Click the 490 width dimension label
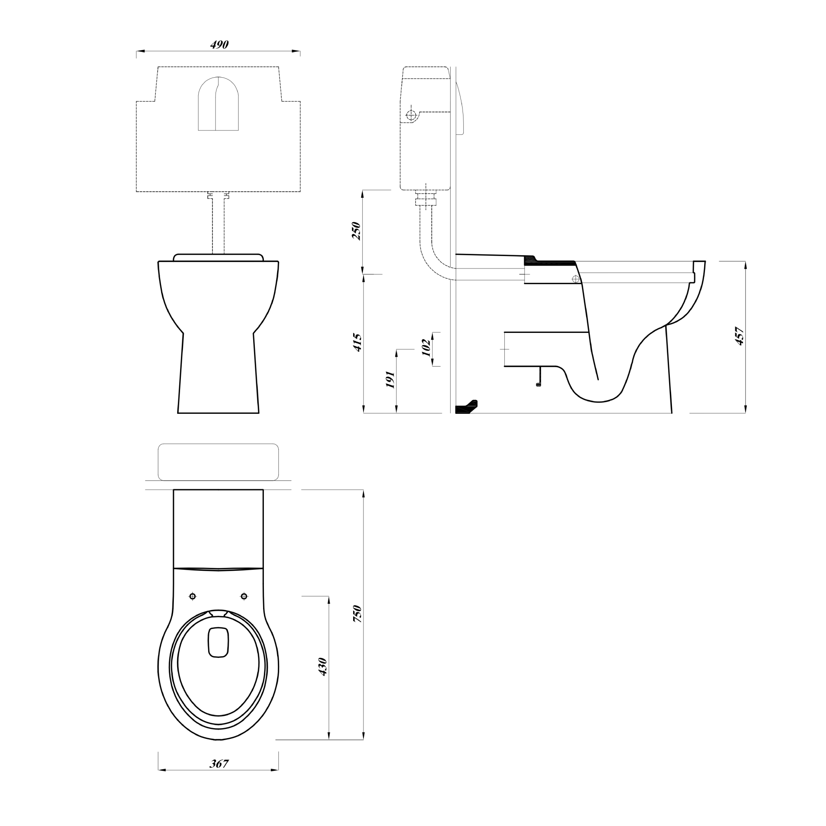click(219, 45)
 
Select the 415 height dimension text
click(357, 342)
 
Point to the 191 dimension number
click(390, 380)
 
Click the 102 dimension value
click(426, 348)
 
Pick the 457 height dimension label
click(739, 336)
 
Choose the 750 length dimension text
click(357, 614)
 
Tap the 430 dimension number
click(323, 667)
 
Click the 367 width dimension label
click(219, 764)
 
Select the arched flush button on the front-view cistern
click(218, 104)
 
